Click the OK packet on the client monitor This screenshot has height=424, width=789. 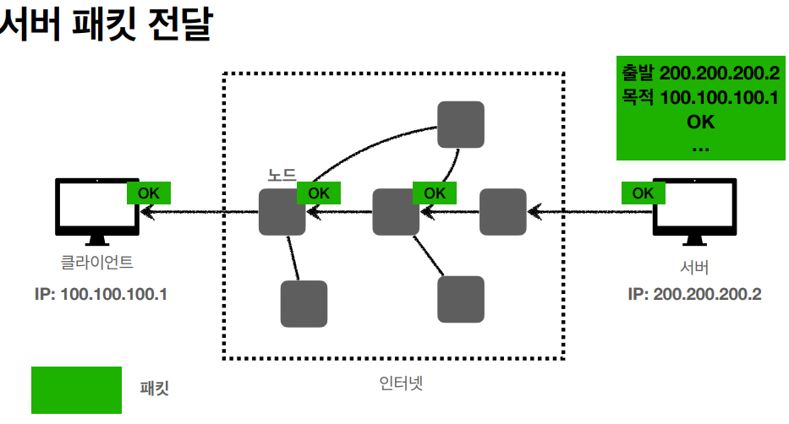click(149, 193)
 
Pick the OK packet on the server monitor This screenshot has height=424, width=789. click(643, 193)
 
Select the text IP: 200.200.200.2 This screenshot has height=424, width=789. click(694, 295)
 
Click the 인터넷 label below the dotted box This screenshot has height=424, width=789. click(401, 383)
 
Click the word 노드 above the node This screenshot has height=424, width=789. click(282, 176)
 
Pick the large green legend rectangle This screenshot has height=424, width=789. click(77, 389)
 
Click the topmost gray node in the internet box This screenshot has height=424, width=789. click(460, 124)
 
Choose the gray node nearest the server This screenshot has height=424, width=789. click(503, 212)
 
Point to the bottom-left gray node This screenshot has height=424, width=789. click(304, 303)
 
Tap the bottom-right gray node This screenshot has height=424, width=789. click(461, 298)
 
